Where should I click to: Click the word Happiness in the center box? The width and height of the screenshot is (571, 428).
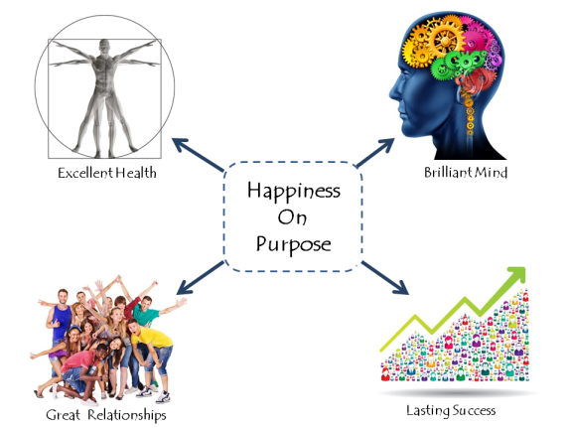294,191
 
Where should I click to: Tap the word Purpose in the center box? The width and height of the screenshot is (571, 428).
294,244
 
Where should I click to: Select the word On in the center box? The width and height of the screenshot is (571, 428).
292,217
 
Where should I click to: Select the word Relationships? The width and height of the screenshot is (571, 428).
127,415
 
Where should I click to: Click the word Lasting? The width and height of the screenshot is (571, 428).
428,410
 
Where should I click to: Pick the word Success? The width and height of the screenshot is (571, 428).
474,410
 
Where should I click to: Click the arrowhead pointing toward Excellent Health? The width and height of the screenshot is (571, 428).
180,144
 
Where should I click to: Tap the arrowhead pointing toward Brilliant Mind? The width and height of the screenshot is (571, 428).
386,144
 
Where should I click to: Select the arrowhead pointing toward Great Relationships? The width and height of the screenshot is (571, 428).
185,287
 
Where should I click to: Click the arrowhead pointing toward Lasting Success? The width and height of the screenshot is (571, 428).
400,287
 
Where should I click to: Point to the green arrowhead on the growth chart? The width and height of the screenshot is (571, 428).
516,275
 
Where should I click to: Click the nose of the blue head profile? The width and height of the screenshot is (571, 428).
393,93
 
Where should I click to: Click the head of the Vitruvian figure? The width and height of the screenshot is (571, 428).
104,47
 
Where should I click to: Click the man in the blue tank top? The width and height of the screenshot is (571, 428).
61,321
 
